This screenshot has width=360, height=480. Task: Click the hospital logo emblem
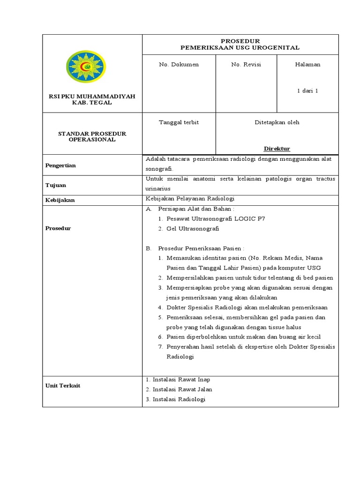click(x=86, y=67)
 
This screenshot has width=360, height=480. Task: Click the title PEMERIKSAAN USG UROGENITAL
click(x=240, y=48)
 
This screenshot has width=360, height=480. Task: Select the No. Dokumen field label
click(x=179, y=65)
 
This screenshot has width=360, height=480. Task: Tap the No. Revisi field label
click(x=246, y=65)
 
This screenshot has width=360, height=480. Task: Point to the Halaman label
click(x=307, y=65)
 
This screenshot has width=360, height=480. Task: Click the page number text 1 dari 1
click(x=307, y=91)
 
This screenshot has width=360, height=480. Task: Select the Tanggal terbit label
click(x=179, y=122)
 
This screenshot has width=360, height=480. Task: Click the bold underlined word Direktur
click(x=277, y=149)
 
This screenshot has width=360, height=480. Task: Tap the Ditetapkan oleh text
click(x=277, y=122)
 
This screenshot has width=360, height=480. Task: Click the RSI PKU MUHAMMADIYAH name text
click(x=92, y=96)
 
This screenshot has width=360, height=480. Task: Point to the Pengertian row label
click(x=60, y=165)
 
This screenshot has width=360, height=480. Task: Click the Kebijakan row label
click(x=60, y=200)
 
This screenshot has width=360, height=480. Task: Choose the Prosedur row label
click(x=58, y=228)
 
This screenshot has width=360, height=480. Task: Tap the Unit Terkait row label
click(x=63, y=385)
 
